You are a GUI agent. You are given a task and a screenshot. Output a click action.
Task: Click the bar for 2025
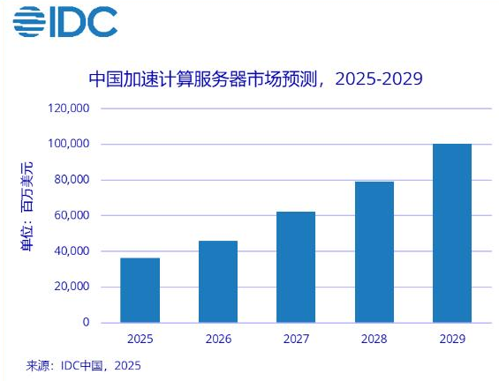(x=140, y=290)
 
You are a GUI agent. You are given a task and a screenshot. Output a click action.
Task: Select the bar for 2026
(x=217, y=281)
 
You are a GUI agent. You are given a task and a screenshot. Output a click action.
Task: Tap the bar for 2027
(x=295, y=267)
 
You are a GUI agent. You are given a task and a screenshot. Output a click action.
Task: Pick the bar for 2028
(x=374, y=252)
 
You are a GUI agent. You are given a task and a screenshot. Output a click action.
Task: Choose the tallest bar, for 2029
(x=451, y=233)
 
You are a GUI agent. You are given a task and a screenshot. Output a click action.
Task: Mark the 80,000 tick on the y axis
(x=71, y=180)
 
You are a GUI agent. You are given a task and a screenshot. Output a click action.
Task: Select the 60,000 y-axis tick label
(x=71, y=215)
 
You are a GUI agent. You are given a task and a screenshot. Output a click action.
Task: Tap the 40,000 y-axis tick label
(x=71, y=251)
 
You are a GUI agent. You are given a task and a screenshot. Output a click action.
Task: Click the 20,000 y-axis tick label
(x=71, y=287)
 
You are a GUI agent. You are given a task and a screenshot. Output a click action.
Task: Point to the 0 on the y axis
(x=86, y=323)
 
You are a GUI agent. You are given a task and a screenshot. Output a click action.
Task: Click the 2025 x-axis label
(x=140, y=339)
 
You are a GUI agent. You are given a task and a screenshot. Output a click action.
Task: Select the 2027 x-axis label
(x=295, y=339)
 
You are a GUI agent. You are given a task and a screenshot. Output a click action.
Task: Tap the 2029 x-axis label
(x=451, y=339)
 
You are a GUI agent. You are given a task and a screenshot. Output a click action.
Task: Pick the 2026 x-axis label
(x=217, y=339)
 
